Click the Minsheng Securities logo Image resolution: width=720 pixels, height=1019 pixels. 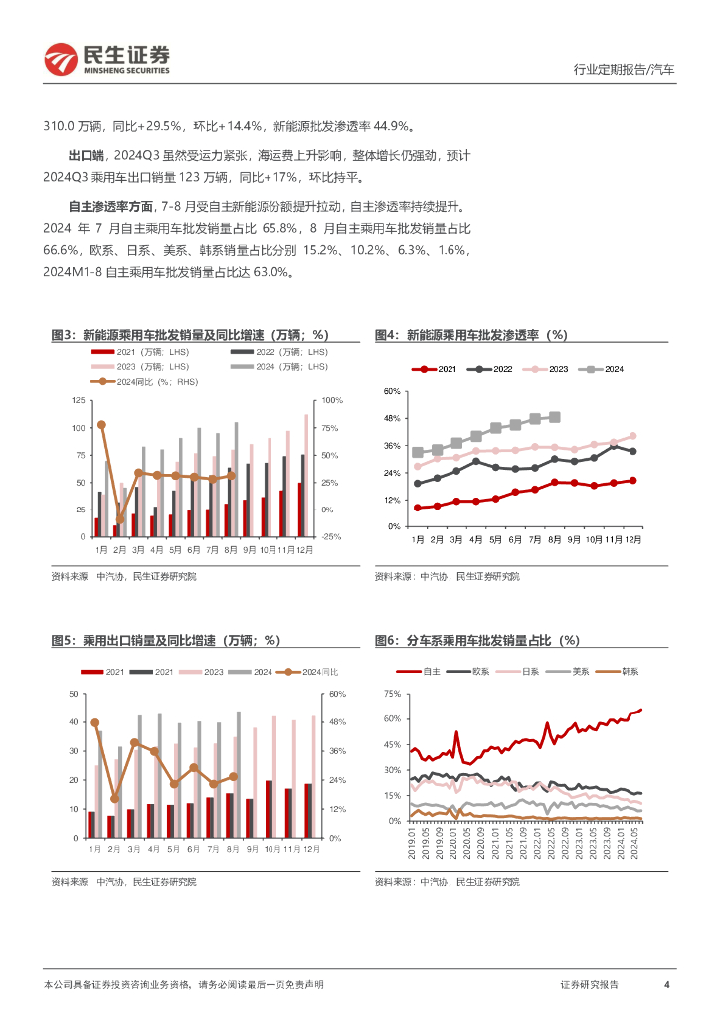[106, 60]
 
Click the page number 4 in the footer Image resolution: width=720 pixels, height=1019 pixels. [665, 984]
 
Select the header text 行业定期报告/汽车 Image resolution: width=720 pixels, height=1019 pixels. [625, 70]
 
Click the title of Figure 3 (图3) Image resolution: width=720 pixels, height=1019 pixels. [189, 335]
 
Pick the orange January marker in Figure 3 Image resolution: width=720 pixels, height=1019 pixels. [101, 425]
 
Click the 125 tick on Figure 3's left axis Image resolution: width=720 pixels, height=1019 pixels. [78, 400]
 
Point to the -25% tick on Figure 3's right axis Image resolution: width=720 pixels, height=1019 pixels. [332, 536]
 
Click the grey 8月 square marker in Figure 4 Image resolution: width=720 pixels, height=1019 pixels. [555, 417]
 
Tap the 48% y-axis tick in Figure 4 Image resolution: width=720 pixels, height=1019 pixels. [391, 418]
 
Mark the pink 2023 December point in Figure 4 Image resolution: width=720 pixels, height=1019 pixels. [632, 436]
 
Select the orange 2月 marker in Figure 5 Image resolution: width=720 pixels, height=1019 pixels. [114, 799]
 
